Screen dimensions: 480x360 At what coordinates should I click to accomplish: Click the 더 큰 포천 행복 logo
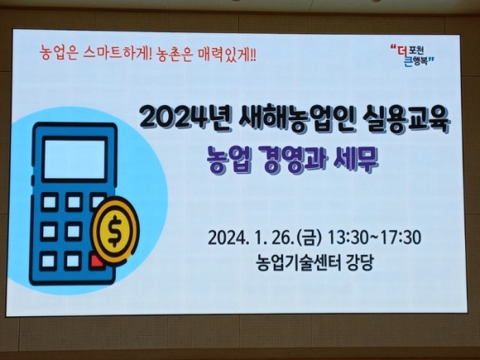coord(413,55)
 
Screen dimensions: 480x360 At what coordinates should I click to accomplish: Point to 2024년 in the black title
coord(182,118)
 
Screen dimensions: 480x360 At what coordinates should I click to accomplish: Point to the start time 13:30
coord(351,238)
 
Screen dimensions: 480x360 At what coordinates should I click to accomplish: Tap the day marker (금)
coord(310,238)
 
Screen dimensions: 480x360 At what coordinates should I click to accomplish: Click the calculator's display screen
coord(75,159)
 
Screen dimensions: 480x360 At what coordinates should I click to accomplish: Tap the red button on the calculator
coord(97,262)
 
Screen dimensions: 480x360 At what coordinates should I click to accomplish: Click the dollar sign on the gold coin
coord(115,231)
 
